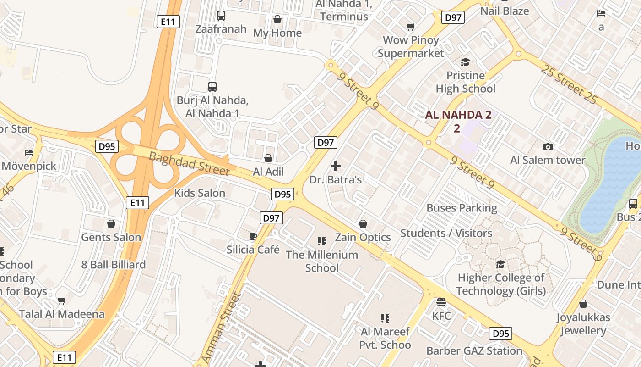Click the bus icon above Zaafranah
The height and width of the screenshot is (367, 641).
[221, 16]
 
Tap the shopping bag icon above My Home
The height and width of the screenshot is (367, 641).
[277, 19]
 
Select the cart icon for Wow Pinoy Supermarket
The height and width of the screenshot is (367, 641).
[410, 27]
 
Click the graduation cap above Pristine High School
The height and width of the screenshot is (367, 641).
[465, 62]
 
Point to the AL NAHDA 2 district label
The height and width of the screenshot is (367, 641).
[458, 115]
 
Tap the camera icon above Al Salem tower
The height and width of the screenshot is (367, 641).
[548, 147]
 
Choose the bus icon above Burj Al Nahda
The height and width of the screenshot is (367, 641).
[212, 86]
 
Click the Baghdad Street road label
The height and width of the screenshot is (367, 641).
[189, 163]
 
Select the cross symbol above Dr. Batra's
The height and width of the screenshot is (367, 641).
[336, 166]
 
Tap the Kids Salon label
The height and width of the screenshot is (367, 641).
[200, 193]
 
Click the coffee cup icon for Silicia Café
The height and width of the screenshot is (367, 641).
[253, 236]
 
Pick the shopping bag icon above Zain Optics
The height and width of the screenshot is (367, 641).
[363, 224]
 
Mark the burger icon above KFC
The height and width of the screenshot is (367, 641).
[441, 302]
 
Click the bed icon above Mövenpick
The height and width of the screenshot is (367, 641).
[29, 152]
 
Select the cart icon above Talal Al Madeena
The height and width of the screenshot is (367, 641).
[61, 301]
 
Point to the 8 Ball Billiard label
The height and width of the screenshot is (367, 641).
[113, 265]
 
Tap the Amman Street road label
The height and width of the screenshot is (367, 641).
[221, 327]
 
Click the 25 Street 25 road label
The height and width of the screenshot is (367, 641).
[570, 84]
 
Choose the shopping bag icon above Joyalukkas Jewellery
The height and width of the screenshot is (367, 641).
[583, 304]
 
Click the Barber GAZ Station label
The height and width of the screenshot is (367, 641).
[474, 351]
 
